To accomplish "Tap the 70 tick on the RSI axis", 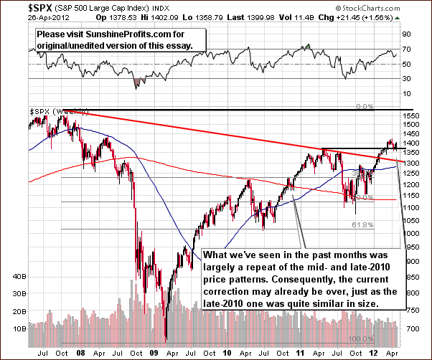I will pyautogui.click(x=405, y=49).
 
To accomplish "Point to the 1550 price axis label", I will pyautogui.click(x=410, y=115).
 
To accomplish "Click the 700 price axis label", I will pyautogui.click(x=410, y=328).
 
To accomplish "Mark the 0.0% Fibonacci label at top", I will pyautogui.click(x=365, y=106).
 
